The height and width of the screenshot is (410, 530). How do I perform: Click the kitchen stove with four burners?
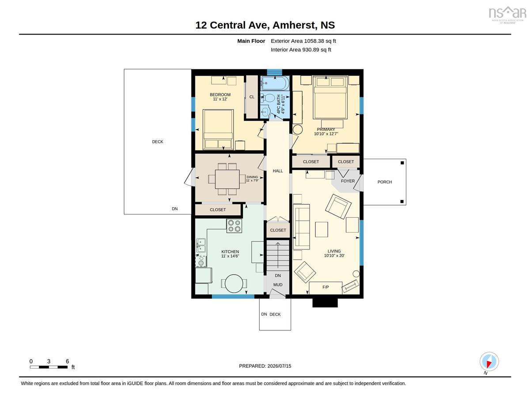(x=234, y=226)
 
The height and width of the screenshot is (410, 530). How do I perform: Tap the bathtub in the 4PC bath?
(x=275, y=83)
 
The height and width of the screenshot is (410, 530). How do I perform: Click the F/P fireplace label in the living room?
(x=326, y=287)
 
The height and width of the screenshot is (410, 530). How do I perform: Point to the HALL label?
(x=278, y=171)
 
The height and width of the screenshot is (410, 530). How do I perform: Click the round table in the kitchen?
(x=234, y=284)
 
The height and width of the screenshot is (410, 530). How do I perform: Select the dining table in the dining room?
(x=227, y=179)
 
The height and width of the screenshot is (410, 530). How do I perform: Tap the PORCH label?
(x=385, y=182)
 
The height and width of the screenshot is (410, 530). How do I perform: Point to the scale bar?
(x=49, y=367)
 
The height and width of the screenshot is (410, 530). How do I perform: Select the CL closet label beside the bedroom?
(x=252, y=97)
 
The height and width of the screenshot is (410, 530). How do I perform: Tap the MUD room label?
(x=278, y=285)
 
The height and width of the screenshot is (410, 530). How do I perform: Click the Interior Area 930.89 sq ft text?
(x=301, y=50)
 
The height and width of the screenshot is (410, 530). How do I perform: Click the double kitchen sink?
(x=201, y=245)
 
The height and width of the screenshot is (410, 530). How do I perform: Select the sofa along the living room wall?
(x=302, y=226)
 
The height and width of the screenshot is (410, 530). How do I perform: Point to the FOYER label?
(x=348, y=181)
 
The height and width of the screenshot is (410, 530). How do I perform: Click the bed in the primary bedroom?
(x=330, y=97)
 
